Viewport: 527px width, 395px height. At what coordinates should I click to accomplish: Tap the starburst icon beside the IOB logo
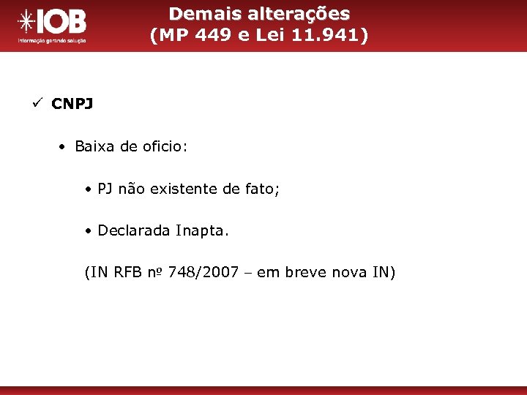(x=26, y=23)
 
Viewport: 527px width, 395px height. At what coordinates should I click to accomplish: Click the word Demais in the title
(x=197, y=14)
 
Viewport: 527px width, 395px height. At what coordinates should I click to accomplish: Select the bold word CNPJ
(x=72, y=104)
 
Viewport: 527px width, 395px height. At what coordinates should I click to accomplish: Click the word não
(x=131, y=189)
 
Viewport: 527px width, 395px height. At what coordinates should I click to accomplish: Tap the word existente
(x=184, y=189)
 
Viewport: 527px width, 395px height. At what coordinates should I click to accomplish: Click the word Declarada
(x=134, y=230)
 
